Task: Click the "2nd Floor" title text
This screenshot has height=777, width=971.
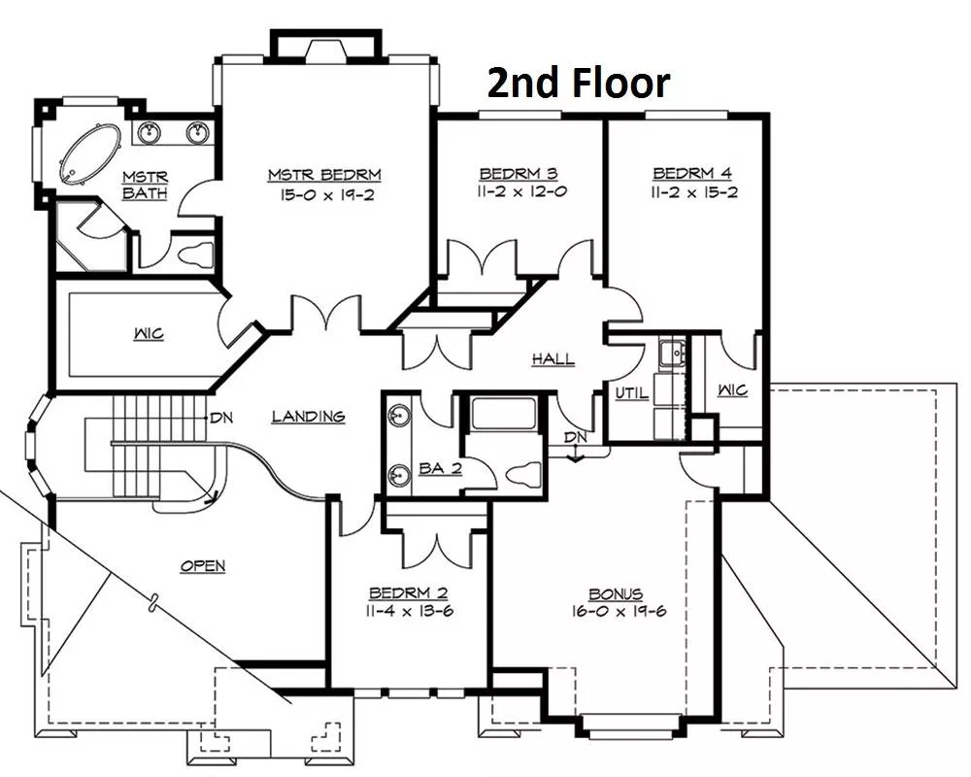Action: point(579,83)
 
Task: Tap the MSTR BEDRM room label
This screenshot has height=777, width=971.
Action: point(324,175)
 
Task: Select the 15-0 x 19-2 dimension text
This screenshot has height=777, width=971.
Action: point(327,195)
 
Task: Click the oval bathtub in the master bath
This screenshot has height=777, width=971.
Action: point(89,154)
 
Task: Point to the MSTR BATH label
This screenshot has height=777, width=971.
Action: point(145,185)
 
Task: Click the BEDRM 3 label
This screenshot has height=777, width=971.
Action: point(519,173)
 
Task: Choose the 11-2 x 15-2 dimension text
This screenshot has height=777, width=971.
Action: point(693,192)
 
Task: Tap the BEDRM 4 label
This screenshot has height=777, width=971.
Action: point(692,173)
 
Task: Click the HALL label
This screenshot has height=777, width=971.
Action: point(553,358)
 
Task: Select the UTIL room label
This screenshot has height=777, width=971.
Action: point(632,392)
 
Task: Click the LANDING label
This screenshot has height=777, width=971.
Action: point(309,416)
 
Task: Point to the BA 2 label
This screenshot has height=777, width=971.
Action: point(440,468)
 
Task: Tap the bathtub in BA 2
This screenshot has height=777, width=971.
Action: point(503,414)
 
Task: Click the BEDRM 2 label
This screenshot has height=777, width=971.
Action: point(408,593)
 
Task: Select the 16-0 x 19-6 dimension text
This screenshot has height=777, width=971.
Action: point(619,612)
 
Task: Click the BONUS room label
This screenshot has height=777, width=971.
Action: point(616,593)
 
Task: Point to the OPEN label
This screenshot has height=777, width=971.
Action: point(203,565)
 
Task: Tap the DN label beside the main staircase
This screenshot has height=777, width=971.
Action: point(221,419)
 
